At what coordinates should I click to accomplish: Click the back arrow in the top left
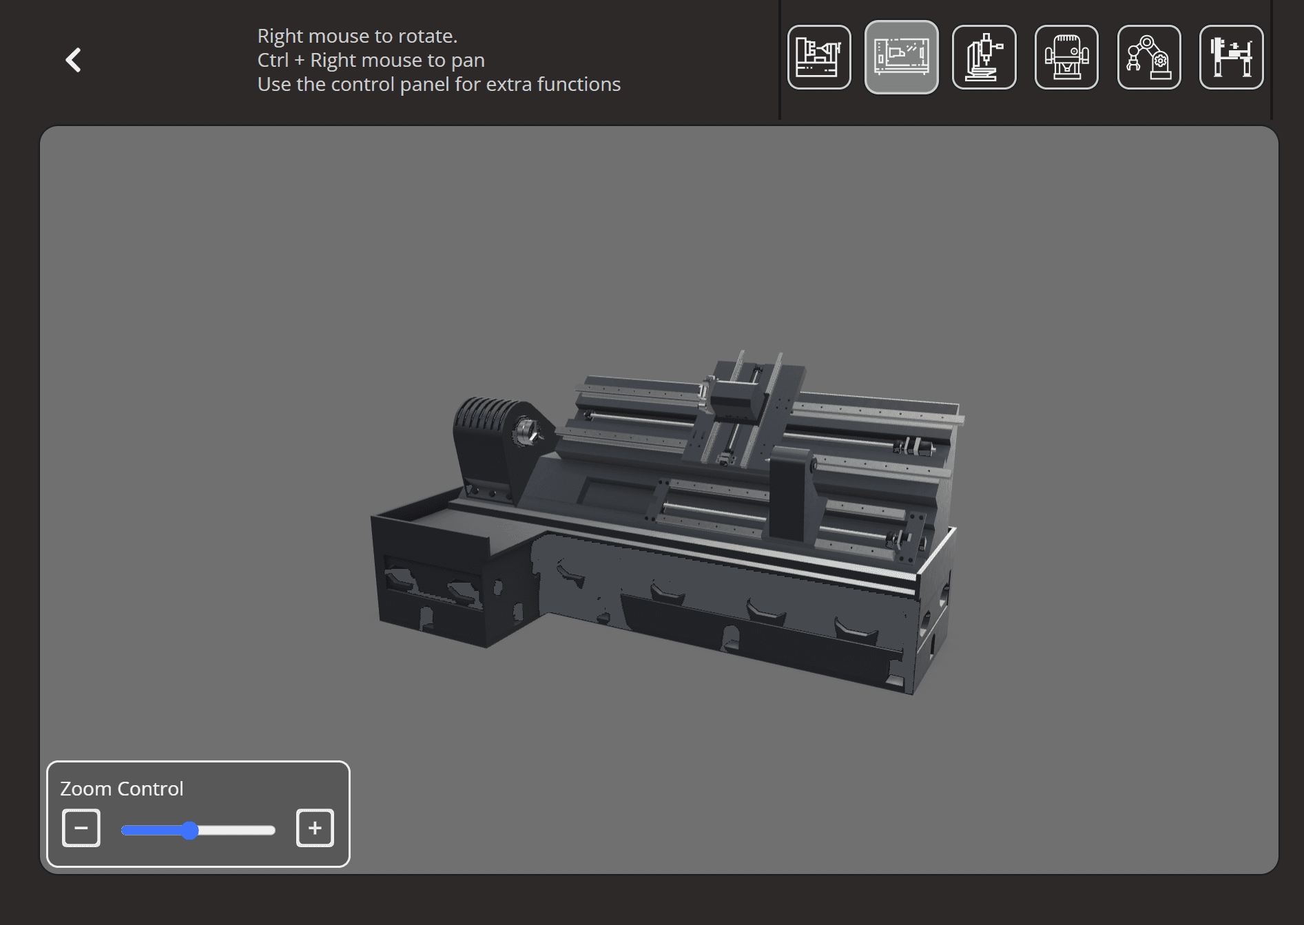coord(74,60)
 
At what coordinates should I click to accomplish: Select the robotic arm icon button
coord(1148,57)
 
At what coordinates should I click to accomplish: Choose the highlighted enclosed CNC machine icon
coord(901,57)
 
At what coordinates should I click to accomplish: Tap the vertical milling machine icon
coord(984,57)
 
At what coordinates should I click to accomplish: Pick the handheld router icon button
coord(1066,57)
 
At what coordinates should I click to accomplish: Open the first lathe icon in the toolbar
coord(819,57)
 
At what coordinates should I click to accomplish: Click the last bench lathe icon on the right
coord(1231,57)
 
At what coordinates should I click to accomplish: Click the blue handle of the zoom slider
coord(190,831)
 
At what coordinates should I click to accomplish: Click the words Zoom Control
coord(122,789)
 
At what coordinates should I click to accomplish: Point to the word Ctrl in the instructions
coord(273,61)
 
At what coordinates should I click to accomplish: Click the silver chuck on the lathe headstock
coord(527,432)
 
